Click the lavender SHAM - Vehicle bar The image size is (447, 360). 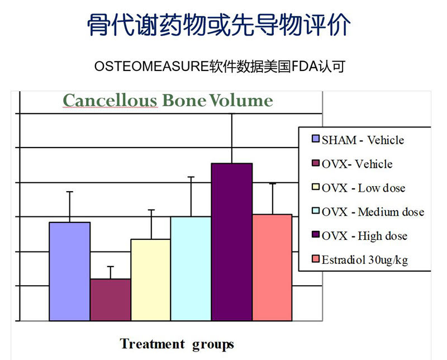[69, 271]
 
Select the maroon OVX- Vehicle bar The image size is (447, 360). [111, 300]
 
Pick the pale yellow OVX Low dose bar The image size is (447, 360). [150, 280]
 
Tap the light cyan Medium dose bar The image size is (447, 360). [191, 269]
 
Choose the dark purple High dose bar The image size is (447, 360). [232, 242]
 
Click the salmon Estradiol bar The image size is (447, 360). [272, 268]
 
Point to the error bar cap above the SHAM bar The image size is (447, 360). [69, 192]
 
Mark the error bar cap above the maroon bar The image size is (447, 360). [111, 267]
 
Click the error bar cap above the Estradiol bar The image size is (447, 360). [273, 183]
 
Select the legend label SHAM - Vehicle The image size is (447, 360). [363, 140]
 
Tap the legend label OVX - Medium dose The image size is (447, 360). [373, 212]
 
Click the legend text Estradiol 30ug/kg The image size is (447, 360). [365, 260]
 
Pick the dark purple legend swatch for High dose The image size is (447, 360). [316, 235]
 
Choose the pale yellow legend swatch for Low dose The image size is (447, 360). [316, 187]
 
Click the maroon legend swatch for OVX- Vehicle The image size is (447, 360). [316, 163]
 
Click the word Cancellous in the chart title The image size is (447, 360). [110, 101]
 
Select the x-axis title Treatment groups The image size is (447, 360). [177, 344]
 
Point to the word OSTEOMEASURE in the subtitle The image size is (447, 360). [151, 67]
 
